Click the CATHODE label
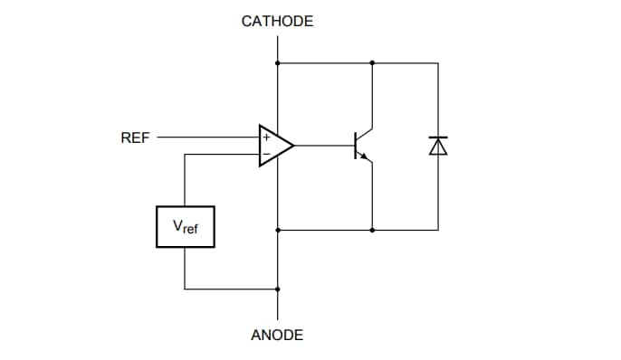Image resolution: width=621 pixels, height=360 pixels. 277,21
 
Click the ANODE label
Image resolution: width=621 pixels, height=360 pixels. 277,335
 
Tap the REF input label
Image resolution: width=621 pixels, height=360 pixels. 135,138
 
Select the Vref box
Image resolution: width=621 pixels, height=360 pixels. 185,227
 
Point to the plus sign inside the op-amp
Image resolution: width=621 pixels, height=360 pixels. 266,137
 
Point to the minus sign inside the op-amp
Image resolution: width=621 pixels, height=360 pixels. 266,153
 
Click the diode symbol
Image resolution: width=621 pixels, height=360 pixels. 438,146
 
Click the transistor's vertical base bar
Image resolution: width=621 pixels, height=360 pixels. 355,145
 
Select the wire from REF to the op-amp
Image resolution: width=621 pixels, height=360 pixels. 208,137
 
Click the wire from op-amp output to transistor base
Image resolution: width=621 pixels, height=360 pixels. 323,145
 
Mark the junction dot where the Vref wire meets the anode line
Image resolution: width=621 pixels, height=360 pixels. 277,289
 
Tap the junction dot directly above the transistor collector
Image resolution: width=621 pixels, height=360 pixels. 372,63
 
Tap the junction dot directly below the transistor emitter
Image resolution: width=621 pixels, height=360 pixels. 372,230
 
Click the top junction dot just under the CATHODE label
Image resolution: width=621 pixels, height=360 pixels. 277,63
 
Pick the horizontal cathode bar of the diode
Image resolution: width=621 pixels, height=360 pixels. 438,138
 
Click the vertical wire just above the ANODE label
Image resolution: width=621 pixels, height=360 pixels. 277,308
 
